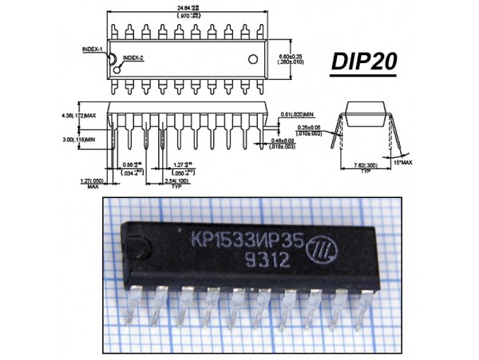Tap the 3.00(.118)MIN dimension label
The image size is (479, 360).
coord(86,140)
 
